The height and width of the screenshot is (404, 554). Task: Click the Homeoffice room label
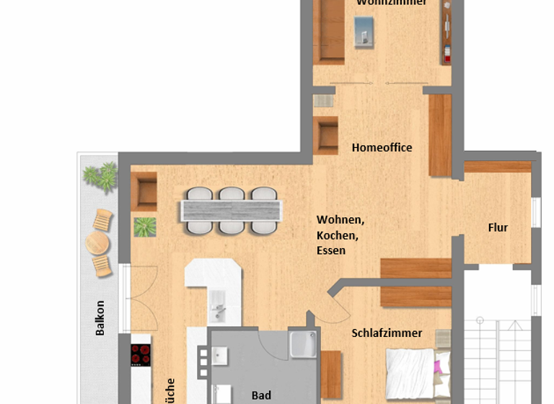click(x=382, y=148)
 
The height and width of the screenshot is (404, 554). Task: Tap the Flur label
click(x=498, y=227)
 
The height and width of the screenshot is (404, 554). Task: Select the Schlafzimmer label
click(x=387, y=333)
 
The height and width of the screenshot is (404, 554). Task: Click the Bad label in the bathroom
click(x=261, y=395)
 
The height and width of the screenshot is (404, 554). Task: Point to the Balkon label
click(x=100, y=318)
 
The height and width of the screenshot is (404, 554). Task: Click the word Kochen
click(x=337, y=235)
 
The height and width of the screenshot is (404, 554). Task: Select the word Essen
click(x=331, y=251)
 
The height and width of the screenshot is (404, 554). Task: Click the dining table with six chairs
click(x=231, y=210)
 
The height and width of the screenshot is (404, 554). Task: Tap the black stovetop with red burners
click(x=141, y=355)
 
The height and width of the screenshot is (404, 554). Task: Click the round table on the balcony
click(x=97, y=244)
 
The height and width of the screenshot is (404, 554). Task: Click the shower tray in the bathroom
click(x=303, y=345)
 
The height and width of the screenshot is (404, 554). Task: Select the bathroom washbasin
click(x=219, y=356)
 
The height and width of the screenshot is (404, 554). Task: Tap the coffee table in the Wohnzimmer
click(x=364, y=30)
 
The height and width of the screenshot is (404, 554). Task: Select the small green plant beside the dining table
click(x=145, y=227)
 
